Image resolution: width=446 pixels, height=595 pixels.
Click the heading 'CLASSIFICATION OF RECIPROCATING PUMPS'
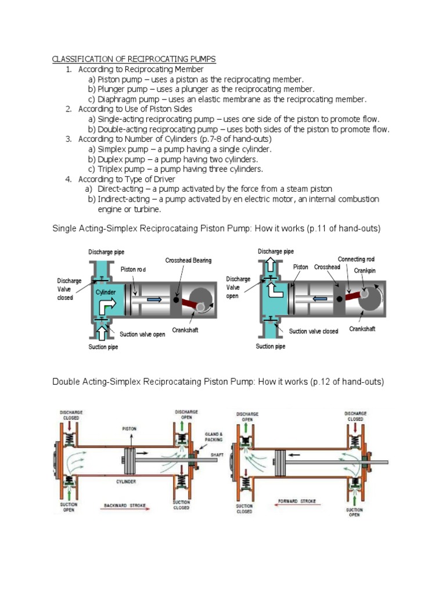[x=134, y=59]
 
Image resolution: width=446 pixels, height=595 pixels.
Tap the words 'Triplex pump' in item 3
[x=123, y=169]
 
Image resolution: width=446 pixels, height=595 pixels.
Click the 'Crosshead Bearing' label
[x=188, y=261]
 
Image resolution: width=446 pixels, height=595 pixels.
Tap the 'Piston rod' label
[x=134, y=270]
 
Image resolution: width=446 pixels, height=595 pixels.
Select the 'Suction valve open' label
[x=142, y=334]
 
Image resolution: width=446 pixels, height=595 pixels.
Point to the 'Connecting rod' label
[x=356, y=259]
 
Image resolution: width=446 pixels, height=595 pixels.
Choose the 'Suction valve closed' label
[x=314, y=331]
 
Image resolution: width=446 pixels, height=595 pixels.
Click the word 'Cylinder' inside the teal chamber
[x=106, y=292]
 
